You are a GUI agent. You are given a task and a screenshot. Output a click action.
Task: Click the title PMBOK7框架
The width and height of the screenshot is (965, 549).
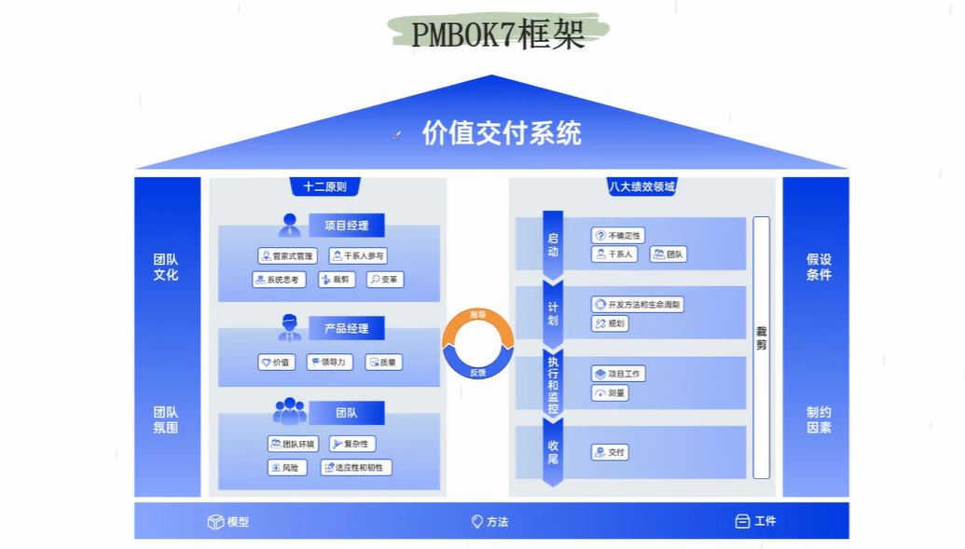click(498, 34)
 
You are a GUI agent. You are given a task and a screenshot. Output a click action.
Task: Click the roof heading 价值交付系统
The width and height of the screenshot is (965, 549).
click(502, 133)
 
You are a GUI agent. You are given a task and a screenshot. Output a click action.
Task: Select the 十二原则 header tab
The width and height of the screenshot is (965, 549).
click(324, 186)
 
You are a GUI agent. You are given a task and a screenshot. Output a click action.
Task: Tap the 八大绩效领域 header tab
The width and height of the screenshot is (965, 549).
click(641, 186)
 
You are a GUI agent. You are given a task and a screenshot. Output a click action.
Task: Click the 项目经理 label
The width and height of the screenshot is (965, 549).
click(346, 225)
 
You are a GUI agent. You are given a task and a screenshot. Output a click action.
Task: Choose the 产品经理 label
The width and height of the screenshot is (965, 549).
click(346, 328)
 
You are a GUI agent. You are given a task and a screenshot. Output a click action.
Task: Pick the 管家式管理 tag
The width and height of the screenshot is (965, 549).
click(287, 255)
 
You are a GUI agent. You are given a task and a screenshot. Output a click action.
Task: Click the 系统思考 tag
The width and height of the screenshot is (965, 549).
click(279, 280)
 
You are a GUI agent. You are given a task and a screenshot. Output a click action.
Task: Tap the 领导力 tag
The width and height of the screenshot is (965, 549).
click(329, 363)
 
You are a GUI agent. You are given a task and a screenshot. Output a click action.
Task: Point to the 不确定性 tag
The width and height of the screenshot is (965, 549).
click(617, 236)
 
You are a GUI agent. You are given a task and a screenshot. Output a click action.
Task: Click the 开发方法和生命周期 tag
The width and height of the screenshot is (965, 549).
click(638, 304)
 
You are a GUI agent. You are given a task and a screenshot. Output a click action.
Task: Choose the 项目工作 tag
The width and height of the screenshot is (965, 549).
click(618, 373)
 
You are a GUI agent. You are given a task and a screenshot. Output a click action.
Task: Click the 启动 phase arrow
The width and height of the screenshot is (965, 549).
click(553, 244)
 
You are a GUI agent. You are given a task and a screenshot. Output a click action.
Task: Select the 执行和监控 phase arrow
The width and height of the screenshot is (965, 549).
click(553, 383)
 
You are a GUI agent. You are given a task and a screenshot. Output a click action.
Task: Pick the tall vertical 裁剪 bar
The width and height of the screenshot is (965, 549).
click(762, 346)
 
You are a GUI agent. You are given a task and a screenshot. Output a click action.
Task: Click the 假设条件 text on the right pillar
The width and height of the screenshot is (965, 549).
click(819, 267)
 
